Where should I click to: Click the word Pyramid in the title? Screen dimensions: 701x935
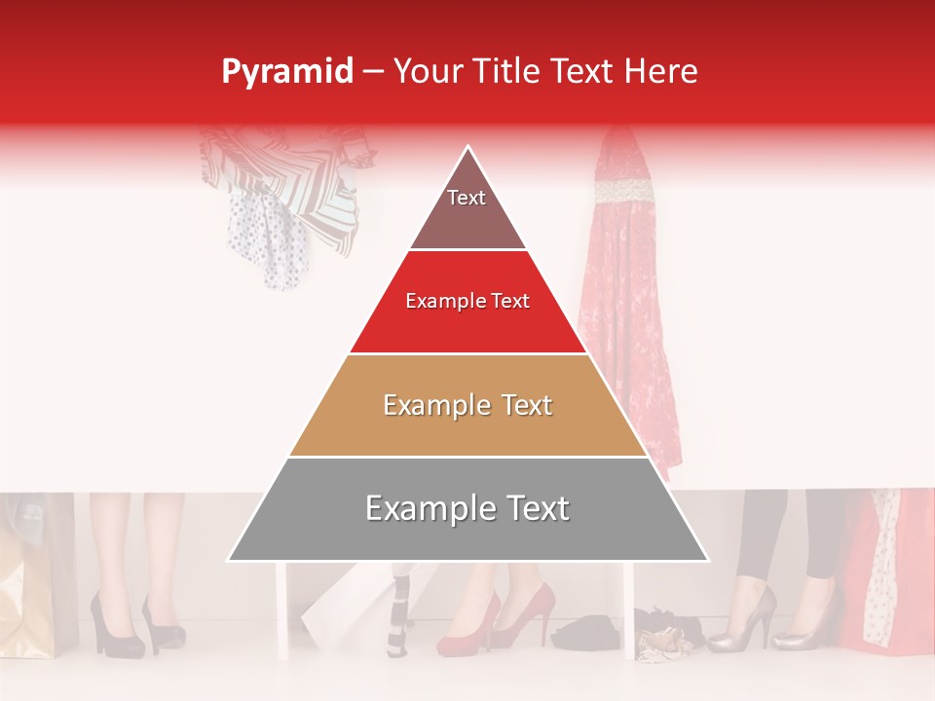[286, 71]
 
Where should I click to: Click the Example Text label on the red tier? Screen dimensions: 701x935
[467, 302]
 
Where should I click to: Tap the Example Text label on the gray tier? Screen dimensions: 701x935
[467, 508]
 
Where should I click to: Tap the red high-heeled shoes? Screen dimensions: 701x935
[497, 623]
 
